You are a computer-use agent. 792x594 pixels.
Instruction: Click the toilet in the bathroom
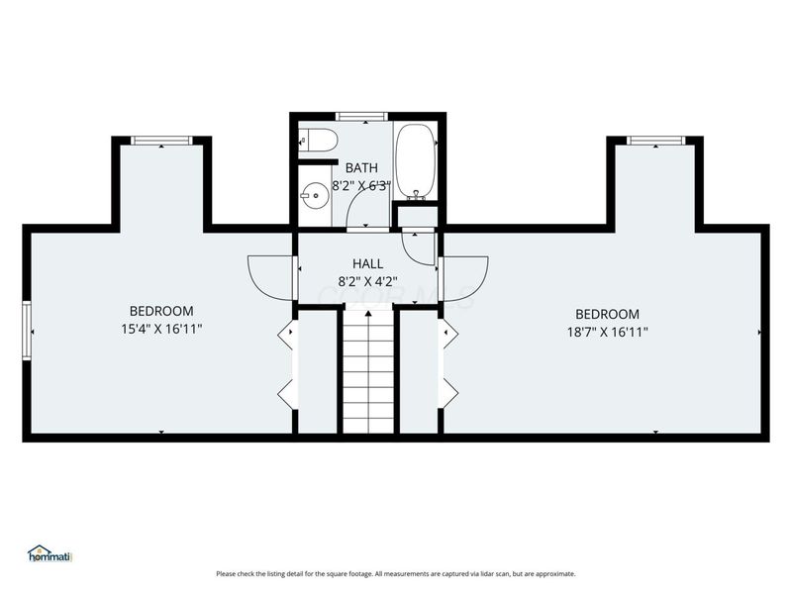pos(315,141)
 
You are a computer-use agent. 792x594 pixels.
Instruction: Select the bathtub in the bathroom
pos(415,159)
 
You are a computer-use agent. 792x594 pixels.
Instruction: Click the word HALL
pos(367,263)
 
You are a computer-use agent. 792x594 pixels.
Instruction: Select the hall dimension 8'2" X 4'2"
pos(367,280)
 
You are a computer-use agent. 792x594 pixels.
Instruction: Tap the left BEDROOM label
pos(161,311)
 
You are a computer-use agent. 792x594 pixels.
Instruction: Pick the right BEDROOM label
pos(607,314)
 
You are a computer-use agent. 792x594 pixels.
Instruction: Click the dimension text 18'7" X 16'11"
pos(607,332)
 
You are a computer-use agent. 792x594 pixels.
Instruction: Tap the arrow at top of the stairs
pos(368,315)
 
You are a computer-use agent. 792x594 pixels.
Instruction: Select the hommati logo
pos(52,553)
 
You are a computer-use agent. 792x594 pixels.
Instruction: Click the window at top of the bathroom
pos(361,117)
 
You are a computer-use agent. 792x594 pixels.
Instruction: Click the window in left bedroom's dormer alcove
pos(161,141)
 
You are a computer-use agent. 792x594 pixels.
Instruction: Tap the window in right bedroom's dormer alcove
pos(655,141)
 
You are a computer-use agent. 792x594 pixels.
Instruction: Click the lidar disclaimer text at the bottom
pos(396,573)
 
